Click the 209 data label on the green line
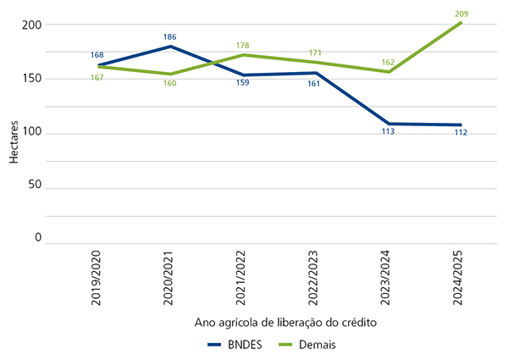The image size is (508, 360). pos(461,14)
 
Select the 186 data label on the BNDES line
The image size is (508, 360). pos(170,37)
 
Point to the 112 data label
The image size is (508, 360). pos(461,132)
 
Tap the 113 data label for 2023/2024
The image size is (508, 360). pos(389,131)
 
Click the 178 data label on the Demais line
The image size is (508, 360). pos(243,46)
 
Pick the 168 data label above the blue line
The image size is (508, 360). pos(97,55)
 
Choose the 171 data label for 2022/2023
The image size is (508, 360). pos(315,53)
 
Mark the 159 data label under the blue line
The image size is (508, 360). pos(243,83)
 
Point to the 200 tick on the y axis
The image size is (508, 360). pos(31,25)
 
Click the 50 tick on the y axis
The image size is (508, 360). pos(35,185)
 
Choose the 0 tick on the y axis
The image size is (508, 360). pos(37,238)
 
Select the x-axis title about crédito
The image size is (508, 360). pos(279,323)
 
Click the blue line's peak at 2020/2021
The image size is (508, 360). pos(170,47)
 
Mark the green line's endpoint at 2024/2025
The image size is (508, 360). pos(461,22)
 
